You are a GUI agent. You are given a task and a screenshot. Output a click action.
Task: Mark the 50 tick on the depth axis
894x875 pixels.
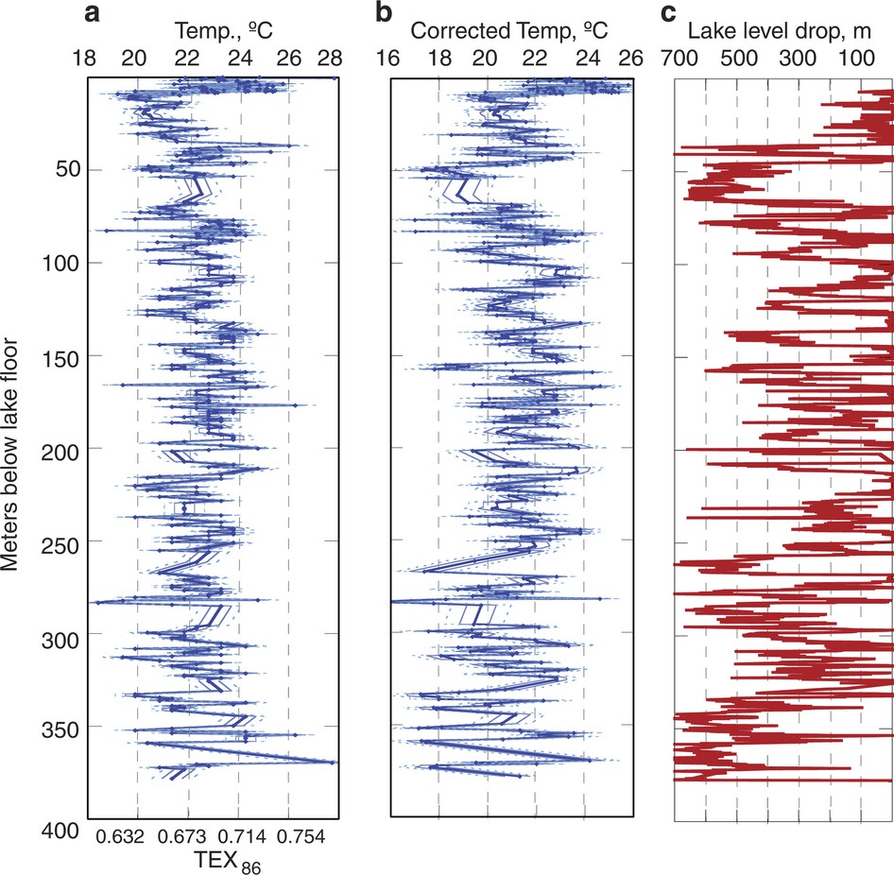click(x=66, y=170)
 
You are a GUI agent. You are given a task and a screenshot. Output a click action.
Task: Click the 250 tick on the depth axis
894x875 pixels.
click(x=60, y=541)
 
